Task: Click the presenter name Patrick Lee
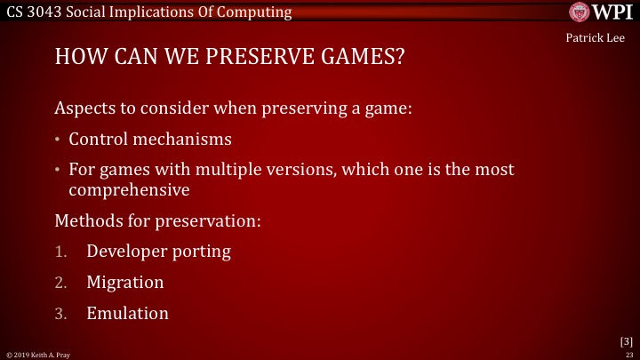tap(601, 37)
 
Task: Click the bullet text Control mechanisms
tap(150, 140)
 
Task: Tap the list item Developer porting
tap(158, 251)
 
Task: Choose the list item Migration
tap(125, 282)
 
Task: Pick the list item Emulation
tap(127, 313)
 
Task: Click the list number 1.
tap(60, 252)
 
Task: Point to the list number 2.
tap(60, 283)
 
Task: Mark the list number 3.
tap(60, 314)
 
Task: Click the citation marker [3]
tap(626, 340)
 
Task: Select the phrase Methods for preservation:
tap(157, 220)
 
